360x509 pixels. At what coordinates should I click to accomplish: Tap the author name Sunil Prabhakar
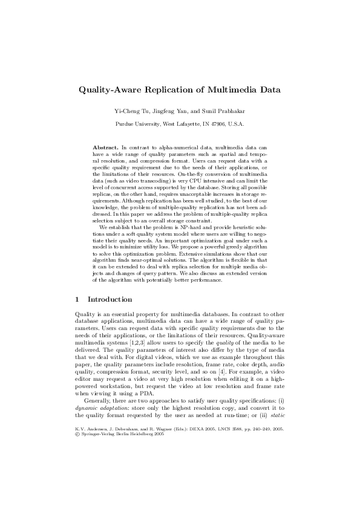[223, 111]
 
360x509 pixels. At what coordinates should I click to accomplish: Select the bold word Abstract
[105, 148]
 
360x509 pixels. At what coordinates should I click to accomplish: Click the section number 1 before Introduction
[76, 299]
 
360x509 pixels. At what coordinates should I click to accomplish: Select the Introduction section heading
[110, 299]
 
